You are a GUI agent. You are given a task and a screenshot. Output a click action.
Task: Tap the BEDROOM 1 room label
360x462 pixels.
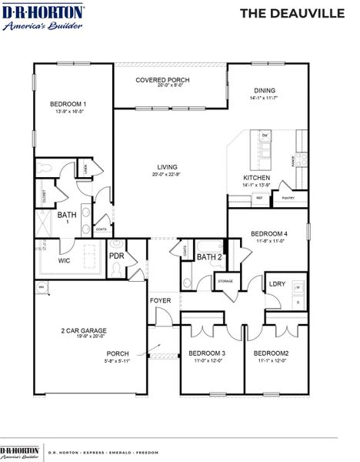coord(68,104)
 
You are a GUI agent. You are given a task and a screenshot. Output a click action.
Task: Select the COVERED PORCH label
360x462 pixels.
coord(162,80)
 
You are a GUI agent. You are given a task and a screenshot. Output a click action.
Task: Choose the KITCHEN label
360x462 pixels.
coord(256,177)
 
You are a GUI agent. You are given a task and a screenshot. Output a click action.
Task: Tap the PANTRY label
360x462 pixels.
coord(288,198)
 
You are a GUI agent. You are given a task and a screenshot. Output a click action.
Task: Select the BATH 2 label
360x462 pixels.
coord(209,257)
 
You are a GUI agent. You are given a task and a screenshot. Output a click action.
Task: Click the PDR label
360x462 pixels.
coord(116,256)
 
